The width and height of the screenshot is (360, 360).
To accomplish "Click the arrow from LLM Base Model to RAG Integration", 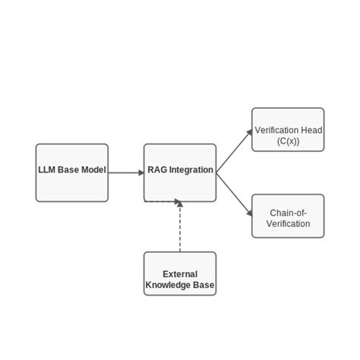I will pyautogui.click(x=125, y=172).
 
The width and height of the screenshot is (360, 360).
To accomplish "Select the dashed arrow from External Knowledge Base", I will pyautogui.click(x=180, y=228).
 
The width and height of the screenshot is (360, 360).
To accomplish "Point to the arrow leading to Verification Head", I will pyautogui.click(x=234, y=151).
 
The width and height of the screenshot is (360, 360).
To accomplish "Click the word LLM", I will pyautogui.click(x=47, y=170).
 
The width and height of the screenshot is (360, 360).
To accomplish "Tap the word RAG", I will pyautogui.click(x=157, y=170).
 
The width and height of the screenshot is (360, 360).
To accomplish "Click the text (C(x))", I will pyautogui.click(x=289, y=141).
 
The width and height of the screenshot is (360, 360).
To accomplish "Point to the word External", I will pyautogui.click(x=180, y=274).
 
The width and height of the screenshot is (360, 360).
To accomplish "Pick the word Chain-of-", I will pyautogui.click(x=288, y=213).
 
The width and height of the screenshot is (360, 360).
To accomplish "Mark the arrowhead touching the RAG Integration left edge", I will pyautogui.click(x=141, y=172).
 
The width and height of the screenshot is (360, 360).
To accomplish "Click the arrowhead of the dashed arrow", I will pyautogui.click(x=180, y=204).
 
